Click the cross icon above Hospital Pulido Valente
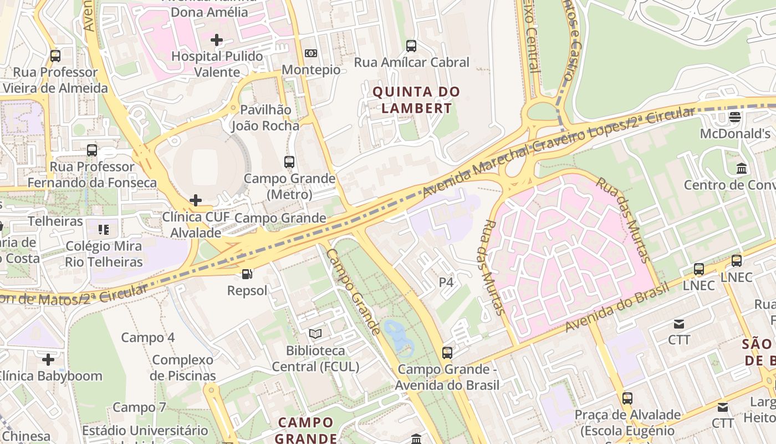(x=217, y=40)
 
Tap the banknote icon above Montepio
(x=311, y=53)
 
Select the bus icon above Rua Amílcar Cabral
(x=411, y=46)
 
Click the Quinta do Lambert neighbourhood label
(x=416, y=100)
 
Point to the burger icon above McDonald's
(x=735, y=117)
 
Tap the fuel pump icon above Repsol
(x=247, y=274)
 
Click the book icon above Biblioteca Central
(x=315, y=334)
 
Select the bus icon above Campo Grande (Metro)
(x=289, y=162)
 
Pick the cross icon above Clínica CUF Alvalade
(x=195, y=200)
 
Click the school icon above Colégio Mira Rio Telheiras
(x=104, y=229)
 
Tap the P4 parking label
(x=446, y=282)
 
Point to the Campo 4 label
(x=148, y=337)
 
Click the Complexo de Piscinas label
(x=182, y=367)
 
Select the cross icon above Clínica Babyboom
(x=48, y=360)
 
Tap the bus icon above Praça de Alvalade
(x=627, y=398)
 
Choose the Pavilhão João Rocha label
(x=266, y=118)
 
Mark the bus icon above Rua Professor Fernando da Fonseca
(x=92, y=150)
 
